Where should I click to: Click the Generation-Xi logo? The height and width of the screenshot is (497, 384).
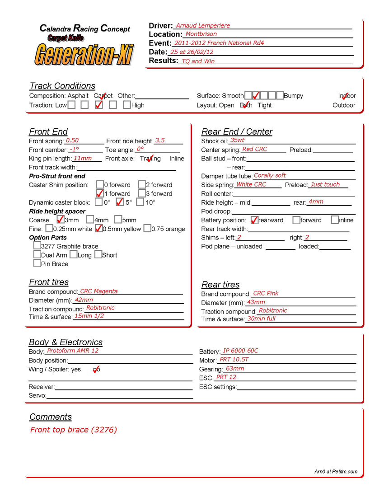(84, 53)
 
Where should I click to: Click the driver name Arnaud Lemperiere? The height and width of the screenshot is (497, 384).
(203, 26)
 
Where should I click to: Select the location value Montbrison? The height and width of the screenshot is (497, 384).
(201, 34)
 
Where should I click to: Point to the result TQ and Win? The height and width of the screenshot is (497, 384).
(198, 61)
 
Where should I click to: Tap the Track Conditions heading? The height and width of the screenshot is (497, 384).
(62, 86)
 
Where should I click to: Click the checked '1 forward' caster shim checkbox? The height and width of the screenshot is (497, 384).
(100, 193)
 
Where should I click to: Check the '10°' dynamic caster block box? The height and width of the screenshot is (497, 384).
(140, 202)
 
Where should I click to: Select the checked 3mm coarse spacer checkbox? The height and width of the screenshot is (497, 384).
(60, 220)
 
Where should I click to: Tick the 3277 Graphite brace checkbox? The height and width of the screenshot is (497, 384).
(37, 246)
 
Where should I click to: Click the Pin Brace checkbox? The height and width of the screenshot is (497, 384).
(37, 263)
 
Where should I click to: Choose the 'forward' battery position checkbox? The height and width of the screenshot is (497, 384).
(296, 220)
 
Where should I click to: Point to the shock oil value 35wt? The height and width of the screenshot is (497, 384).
(237, 141)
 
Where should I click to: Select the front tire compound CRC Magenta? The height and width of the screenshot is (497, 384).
(99, 291)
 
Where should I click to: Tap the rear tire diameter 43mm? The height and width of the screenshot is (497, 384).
(256, 302)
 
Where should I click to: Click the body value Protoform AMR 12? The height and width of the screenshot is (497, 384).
(73, 351)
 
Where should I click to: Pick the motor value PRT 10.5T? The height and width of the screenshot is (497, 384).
(234, 360)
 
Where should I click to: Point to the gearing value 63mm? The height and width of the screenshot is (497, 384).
(235, 369)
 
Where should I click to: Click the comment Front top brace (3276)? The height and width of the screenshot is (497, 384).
(74, 430)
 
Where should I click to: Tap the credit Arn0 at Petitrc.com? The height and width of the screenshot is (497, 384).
(336, 472)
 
